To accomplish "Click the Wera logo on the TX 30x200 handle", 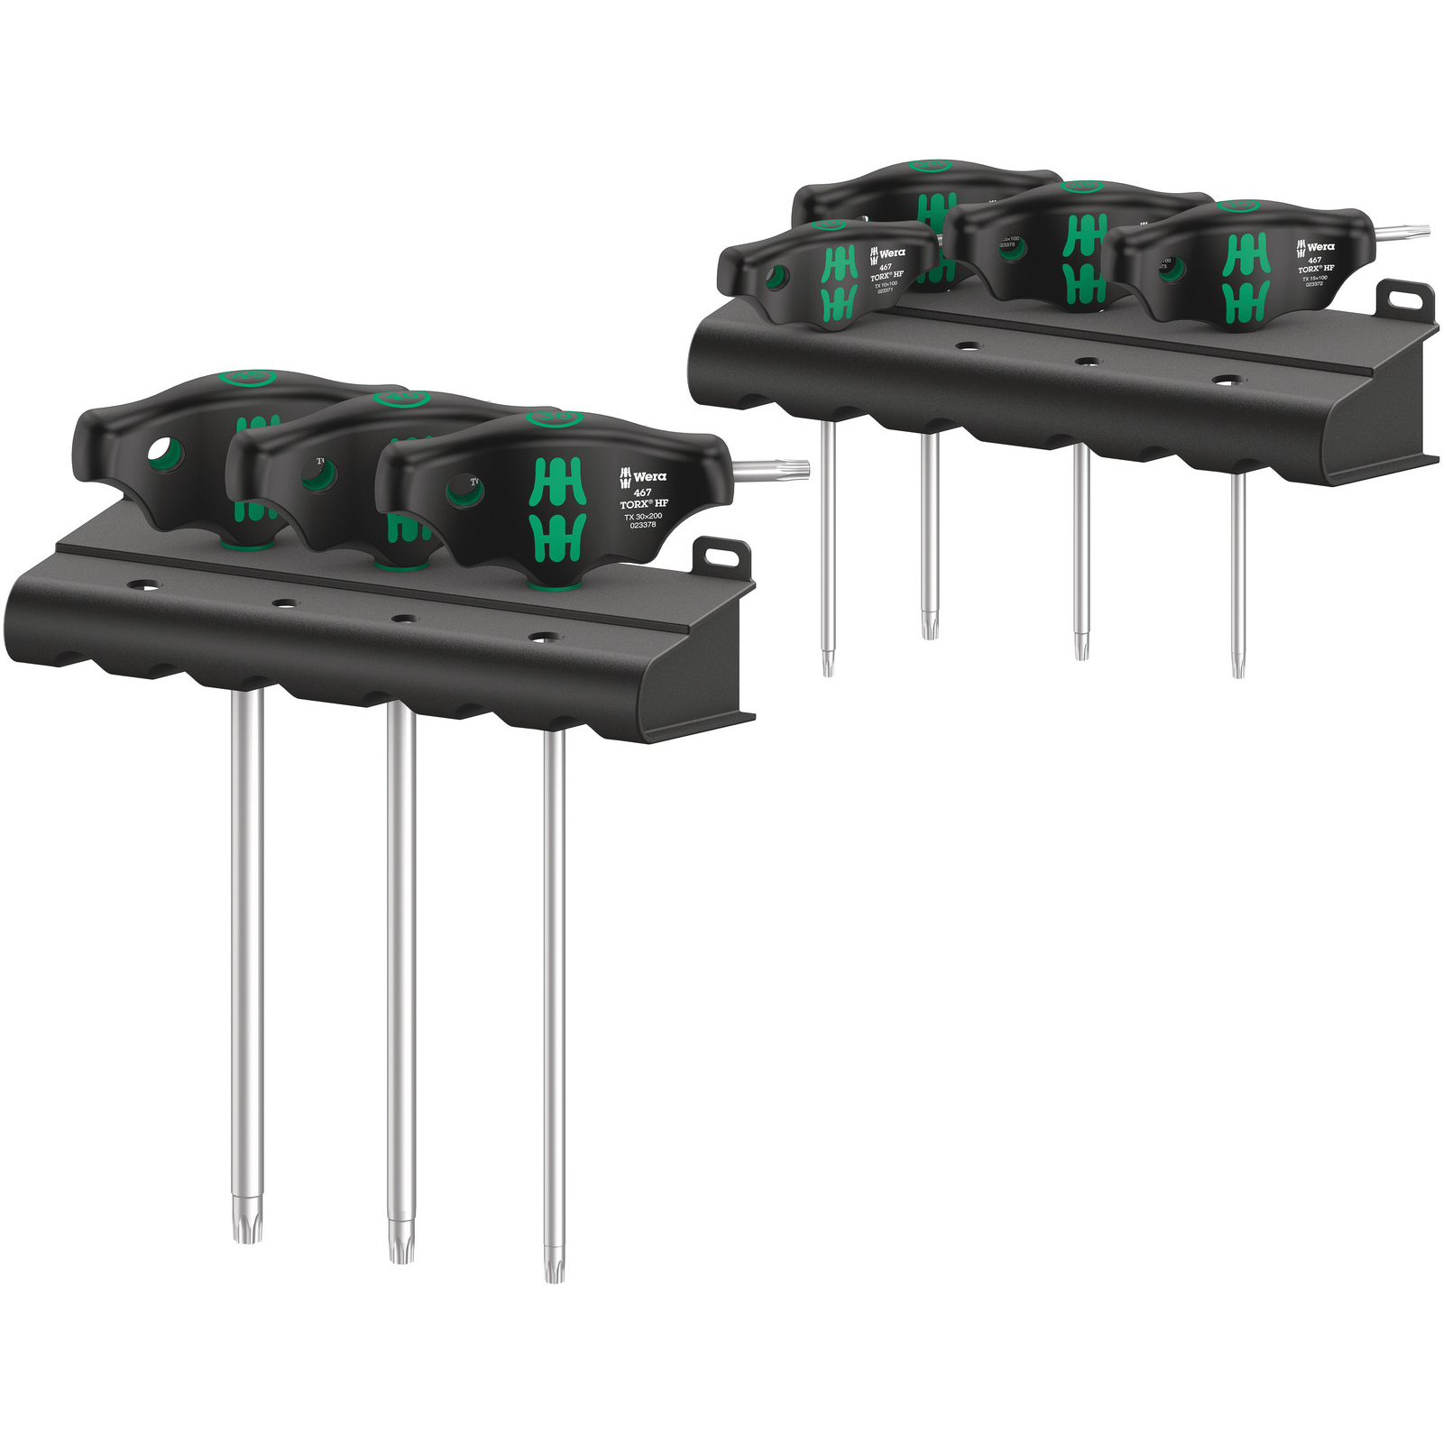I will click(x=643, y=476).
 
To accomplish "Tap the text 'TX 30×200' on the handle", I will click(x=643, y=516).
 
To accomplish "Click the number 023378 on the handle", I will click(x=643, y=525).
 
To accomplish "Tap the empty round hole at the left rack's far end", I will click(x=142, y=586).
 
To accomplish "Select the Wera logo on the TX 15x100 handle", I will click(x=1315, y=247).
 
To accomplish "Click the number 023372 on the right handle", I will click(x=1315, y=284).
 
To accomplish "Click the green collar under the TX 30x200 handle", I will click(x=552, y=584).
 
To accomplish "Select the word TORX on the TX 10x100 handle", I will click(x=879, y=276).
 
